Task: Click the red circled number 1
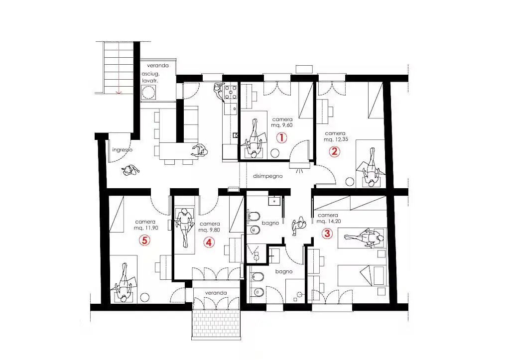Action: tap(282, 137)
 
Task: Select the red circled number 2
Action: tap(334, 151)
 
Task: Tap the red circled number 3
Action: tap(327, 233)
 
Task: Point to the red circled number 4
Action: tap(209, 242)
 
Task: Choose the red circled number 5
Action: tap(144, 240)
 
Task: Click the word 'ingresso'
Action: tap(123, 150)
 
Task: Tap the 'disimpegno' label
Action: tap(267, 176)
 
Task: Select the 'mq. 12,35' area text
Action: tap(336, 139)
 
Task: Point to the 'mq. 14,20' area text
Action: tap(329, 222)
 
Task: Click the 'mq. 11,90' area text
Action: tap(146, 228)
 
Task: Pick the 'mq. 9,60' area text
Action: tap(282, 125)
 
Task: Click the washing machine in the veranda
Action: tap(148, 92)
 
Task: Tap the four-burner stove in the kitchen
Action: tap(231, 92)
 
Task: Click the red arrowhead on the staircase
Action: tap(119, 93)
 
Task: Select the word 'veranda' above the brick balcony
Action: tap(216, 293)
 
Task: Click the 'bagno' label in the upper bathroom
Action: tap(270, 223)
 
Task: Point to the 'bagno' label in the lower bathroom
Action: tap(284, 271)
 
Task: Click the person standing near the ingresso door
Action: tap(130, 170)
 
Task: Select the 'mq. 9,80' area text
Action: tap(209, 230)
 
